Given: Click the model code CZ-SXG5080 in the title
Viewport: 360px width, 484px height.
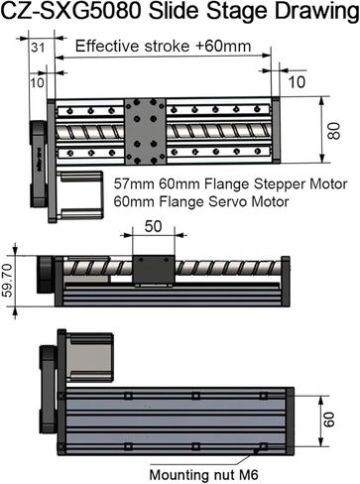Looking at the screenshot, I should pyautogui.click(x=69, y=14).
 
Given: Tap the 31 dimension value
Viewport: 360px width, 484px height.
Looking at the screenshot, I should pyautogui.click(x=39, y=46).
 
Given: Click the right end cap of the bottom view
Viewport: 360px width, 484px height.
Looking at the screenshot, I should pyautogui.click(x=289, y=421).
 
